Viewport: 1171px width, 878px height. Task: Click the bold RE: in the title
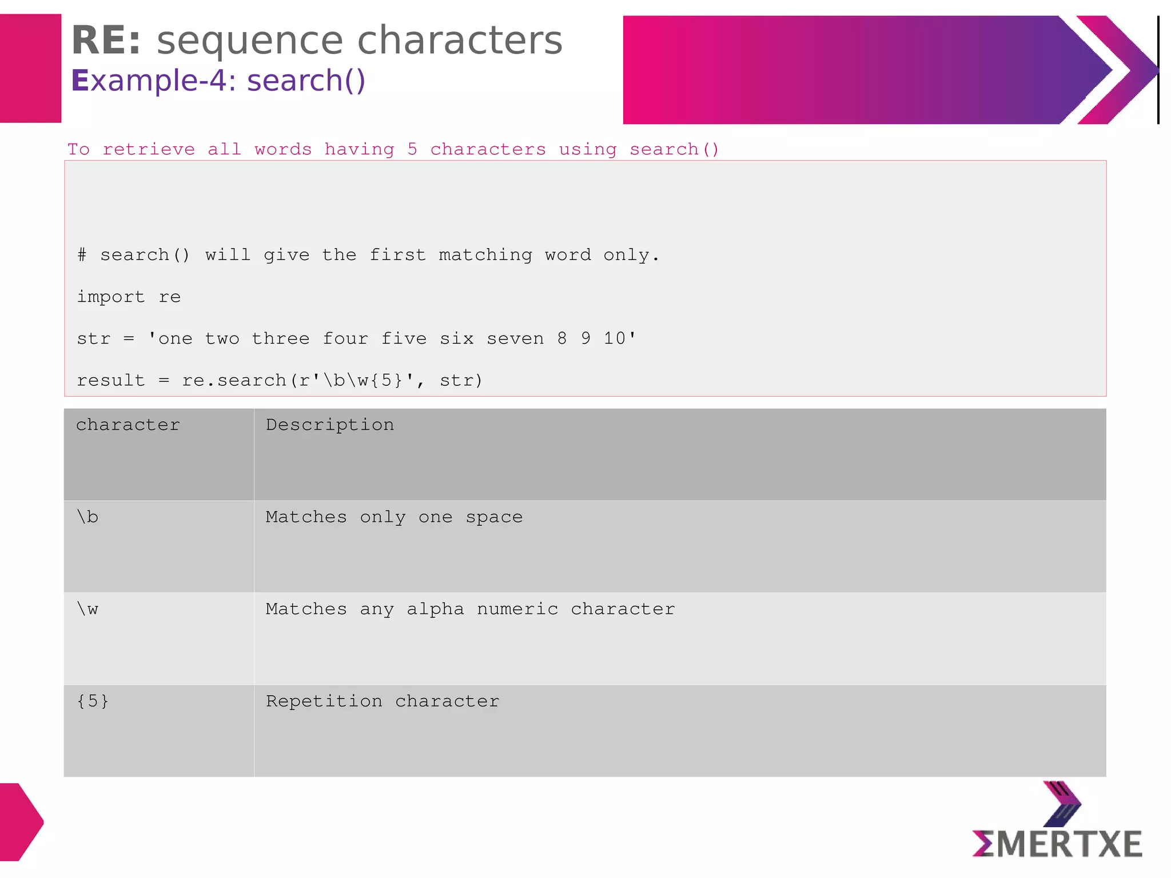point(106,41)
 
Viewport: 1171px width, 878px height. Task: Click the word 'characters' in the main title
point(460,41)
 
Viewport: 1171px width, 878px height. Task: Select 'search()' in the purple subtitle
point(306,81)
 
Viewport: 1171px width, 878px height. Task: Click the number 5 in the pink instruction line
point(412,150)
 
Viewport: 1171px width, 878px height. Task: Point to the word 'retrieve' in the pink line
point(149,150)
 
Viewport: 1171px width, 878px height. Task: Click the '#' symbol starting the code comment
point(82,255)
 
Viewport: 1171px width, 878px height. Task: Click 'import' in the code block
point(111,297)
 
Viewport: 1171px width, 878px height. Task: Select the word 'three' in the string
point(281,339)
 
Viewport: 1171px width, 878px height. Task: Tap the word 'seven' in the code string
point(515,339)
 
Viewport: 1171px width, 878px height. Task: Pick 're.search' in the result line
point(234,381)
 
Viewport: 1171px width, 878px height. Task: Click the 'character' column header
point(128,425)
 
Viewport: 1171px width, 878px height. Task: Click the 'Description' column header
point(330,425)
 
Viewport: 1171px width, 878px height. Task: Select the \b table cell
point(87,517)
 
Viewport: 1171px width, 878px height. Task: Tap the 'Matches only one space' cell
point(394,517)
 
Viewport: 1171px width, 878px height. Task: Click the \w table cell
point(87,609)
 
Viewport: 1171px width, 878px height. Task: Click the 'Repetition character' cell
point(383,701)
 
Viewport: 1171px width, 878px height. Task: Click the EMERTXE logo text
point(1057,844)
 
